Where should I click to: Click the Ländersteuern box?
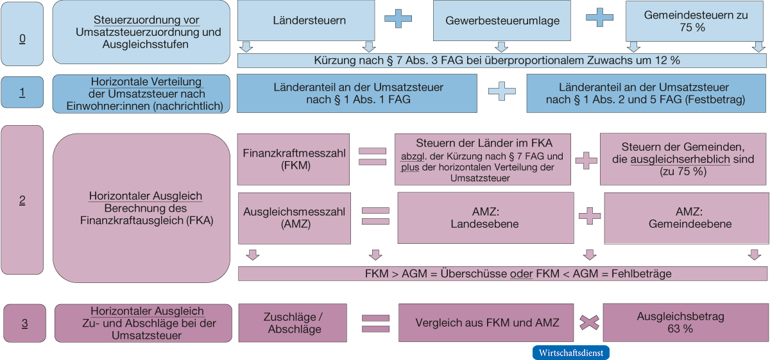coord(305,21)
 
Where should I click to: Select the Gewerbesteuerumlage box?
coord(502,21)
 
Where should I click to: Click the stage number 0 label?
coord(22,39)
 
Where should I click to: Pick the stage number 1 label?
coord(22,92)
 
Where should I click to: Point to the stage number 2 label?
coord(22,200)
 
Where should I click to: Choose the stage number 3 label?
coord(24,323)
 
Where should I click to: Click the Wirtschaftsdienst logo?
coord(570,353)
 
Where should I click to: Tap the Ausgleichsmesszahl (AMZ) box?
coord(295,218)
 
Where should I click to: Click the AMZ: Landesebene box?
coord(485,218)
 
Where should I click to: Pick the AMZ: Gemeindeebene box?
coord(685,218)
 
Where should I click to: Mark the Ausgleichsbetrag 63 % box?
coord(685,323)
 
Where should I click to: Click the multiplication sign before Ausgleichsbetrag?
coord(588,323)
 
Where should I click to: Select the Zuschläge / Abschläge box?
coord(293,323)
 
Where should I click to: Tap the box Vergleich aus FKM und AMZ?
coord(486,323)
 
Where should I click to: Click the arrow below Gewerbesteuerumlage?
coord(502,47)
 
